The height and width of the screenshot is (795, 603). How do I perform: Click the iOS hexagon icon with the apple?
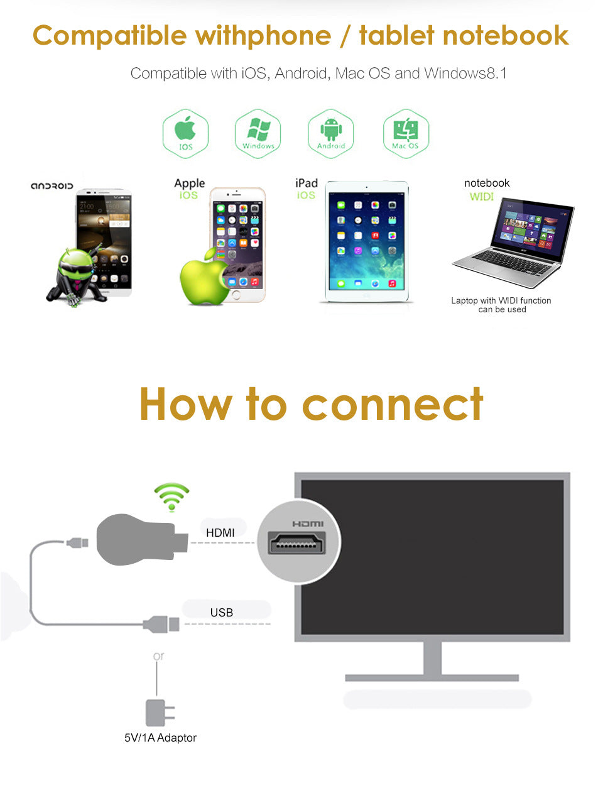[185, 133]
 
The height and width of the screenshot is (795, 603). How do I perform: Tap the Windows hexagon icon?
[258, 133]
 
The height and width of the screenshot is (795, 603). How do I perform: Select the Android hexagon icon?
[330, 133]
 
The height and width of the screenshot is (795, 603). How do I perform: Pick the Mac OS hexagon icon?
[406, 133]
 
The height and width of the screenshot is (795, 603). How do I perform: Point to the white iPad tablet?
[367, 241]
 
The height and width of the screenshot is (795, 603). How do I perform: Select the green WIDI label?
[482, 197]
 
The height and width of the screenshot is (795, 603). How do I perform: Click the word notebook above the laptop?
[487, 183]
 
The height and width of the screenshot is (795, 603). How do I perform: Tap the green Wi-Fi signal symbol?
[171, 496]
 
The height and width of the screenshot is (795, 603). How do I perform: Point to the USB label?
[222, 612]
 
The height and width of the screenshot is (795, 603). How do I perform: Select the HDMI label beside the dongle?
[220, 533]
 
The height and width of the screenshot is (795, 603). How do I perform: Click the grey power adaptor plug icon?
[158, 713]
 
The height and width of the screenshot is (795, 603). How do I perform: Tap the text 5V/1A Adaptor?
[160, 738]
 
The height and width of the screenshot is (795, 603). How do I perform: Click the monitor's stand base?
[432, 678]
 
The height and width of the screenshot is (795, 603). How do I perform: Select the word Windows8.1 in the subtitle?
[465, 74]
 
